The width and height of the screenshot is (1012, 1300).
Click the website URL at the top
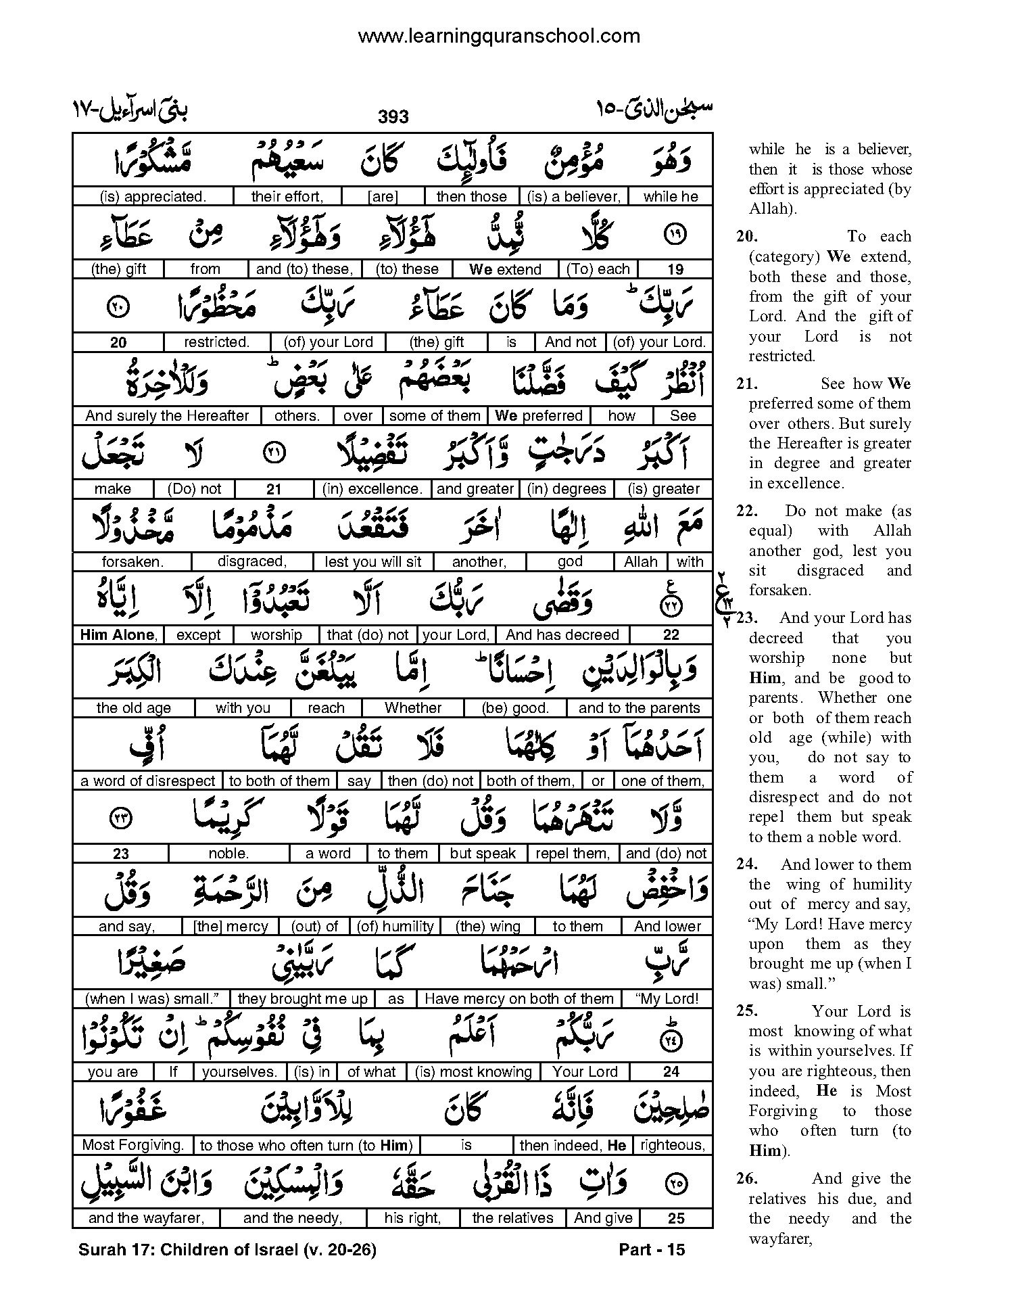[x=499, y=36]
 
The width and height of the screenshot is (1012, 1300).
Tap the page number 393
[x=393, y=117]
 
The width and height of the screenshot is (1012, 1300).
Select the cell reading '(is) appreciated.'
[x=152, y=197]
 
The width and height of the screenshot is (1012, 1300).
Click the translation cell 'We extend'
[x=506, y=269]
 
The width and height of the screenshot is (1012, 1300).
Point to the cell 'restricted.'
[x=216, y=342]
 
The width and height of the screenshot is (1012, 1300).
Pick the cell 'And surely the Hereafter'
[x=167, y=415]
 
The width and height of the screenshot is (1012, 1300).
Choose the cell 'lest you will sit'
[x=373, y=561]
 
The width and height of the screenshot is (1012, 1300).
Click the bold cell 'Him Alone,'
[x=118, y=634]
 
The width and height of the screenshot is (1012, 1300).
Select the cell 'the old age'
[x=133, y=707]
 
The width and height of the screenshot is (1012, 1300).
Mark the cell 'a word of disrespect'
[x=148, y=781]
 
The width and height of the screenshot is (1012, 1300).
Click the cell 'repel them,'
[x=573, y=854]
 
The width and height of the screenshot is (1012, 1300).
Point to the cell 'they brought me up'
[x=303, y=999]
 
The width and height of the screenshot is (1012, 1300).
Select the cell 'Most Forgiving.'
[x=133, y=1145]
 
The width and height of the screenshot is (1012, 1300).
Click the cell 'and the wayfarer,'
[x=146, y=1218]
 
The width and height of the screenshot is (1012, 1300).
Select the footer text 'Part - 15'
[x=652, y=1250]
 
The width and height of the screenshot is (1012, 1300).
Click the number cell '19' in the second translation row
[x=675, y=269]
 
